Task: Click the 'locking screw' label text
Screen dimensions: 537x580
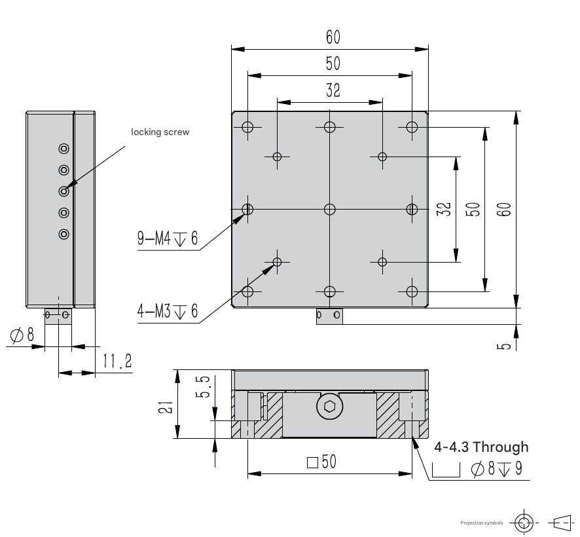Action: pos(160,132)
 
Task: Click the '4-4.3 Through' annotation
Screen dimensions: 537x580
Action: pos(481,447)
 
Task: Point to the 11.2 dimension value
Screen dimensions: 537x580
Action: pos(118,360)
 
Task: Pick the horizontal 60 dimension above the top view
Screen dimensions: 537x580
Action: pos(333,37)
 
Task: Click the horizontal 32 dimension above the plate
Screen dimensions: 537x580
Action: pos(333,90)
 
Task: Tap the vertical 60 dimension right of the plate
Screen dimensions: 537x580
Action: pos(503,210)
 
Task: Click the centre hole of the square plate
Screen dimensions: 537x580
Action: pos(330,209)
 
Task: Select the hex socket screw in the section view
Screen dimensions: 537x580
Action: pos(330,407)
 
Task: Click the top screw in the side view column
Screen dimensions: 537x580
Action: pos(64,149)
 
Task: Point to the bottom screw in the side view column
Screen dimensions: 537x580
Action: pos(64,233)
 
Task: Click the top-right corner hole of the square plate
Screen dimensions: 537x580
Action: pos(411,127)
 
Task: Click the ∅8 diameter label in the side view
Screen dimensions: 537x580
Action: pos(22,335)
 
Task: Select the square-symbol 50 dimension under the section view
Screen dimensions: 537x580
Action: pos(321,462)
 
